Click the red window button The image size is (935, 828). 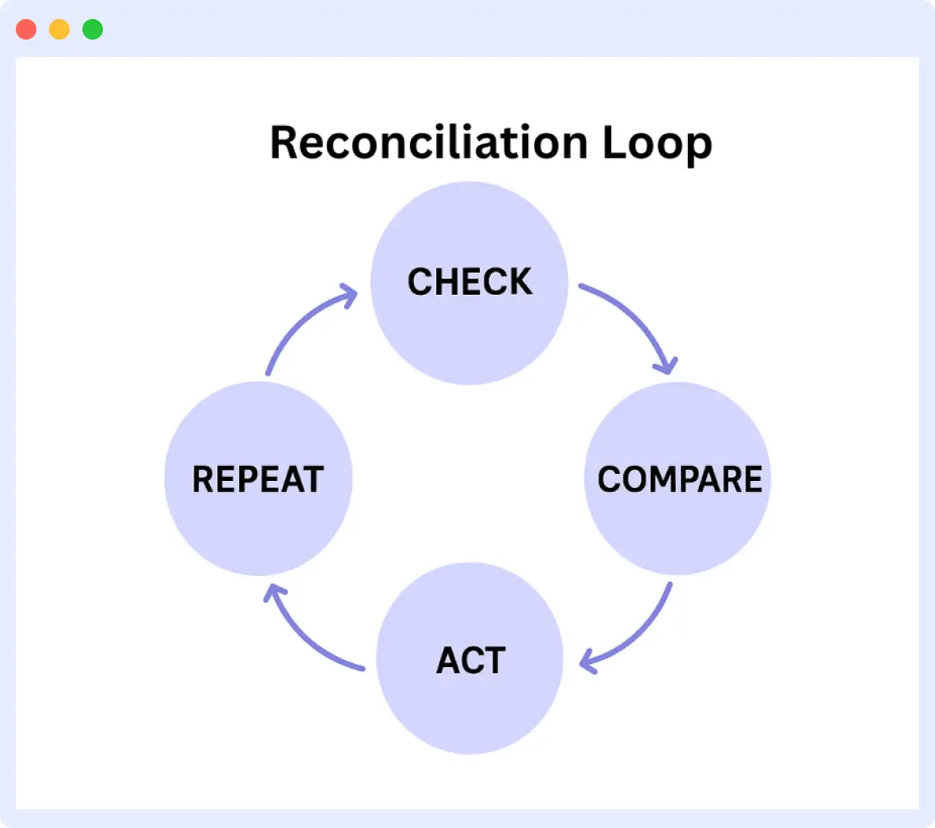26,29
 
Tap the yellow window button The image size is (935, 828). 59,29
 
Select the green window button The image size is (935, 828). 93,29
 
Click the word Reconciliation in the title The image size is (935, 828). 428,143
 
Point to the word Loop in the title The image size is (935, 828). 656,144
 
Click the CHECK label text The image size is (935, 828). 469,282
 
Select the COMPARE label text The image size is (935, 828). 679,479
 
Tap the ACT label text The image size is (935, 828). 470,661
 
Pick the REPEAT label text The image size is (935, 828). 258,479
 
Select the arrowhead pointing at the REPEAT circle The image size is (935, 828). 273,591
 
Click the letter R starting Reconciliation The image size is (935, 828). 285,143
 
